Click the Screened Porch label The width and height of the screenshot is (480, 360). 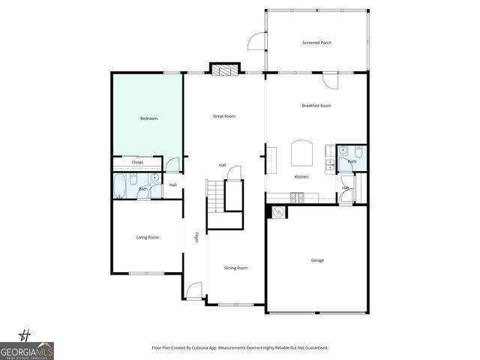[x=316, y=43]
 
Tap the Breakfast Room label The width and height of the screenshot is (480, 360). [x=316, y=106]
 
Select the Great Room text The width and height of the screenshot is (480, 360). [x=224, y=116]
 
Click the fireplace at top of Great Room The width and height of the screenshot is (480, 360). [x=223, y=70]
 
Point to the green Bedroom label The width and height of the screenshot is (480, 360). [x=148, y=118]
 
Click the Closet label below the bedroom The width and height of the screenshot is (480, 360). [x=137, y=162]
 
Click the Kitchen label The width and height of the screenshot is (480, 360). [x=301, y=177]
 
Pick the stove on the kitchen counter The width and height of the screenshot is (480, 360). [x=297, y=197]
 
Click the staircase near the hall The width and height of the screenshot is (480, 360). [x=217, y=196]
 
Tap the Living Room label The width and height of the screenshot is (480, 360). [x=147, y=238]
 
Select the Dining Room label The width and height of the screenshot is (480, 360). [x=236, y=268]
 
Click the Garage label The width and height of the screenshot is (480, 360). [x=317, y=260]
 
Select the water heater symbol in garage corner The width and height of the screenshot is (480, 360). [x=277, y=212]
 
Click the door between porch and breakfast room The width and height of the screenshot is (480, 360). [x=331, y=79]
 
